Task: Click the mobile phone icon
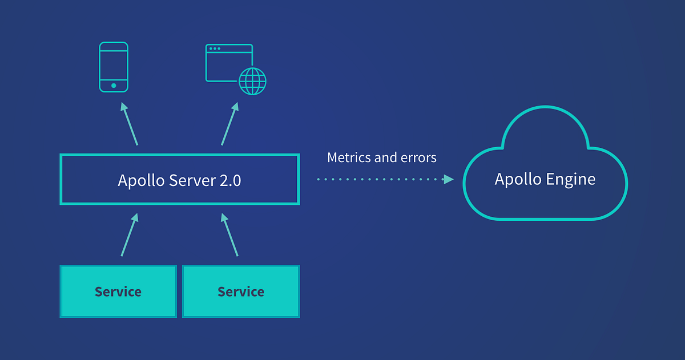coord(114,67)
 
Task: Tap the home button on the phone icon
coord(114,86)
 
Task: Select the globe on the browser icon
coord(252,81)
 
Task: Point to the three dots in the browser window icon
coord(215,49)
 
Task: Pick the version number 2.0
coord(229,180)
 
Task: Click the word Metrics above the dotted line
coord(348,157)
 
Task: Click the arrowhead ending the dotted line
coord(449,179)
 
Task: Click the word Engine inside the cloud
coord(571,179)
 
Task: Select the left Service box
coord(118,292)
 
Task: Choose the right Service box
coord(241,292)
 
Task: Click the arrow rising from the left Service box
coord(129,234)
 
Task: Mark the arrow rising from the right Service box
coord(230,234)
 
